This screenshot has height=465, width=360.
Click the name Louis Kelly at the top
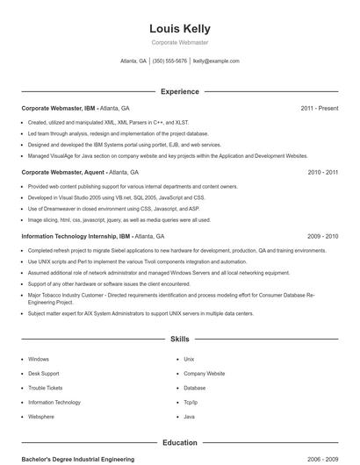(x=180, y=29)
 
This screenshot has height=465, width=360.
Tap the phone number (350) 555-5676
(x=169, y=61)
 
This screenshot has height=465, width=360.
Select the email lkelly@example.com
(x=216, y=61)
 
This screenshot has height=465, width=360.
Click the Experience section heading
(x=180, y=91)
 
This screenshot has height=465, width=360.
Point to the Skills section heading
(x=180, y=338)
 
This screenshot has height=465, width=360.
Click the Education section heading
(x=180, y=443)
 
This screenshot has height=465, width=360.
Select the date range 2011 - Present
(x=319, y=108)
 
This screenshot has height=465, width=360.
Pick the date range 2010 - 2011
(x=323, y=173)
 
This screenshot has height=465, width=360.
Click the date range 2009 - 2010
(x=323, y=237)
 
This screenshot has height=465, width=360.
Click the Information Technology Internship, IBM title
(x=76, y=237)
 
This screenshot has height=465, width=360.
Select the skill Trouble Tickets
(x=46, y=388)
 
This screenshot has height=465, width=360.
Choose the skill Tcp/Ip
(x=191, y=402)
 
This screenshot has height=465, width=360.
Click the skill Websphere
(x=41, y=416)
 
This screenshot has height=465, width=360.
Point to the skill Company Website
(x=205, y=374)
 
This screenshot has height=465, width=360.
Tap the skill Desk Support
(x=44, y=374)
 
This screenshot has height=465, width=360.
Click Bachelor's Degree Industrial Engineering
(x=78, y=459)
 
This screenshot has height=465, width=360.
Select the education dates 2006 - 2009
(x=323, y=459)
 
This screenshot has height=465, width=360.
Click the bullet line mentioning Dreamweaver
(x=113, y=209)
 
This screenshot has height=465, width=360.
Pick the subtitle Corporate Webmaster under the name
(x=180, y=43)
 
